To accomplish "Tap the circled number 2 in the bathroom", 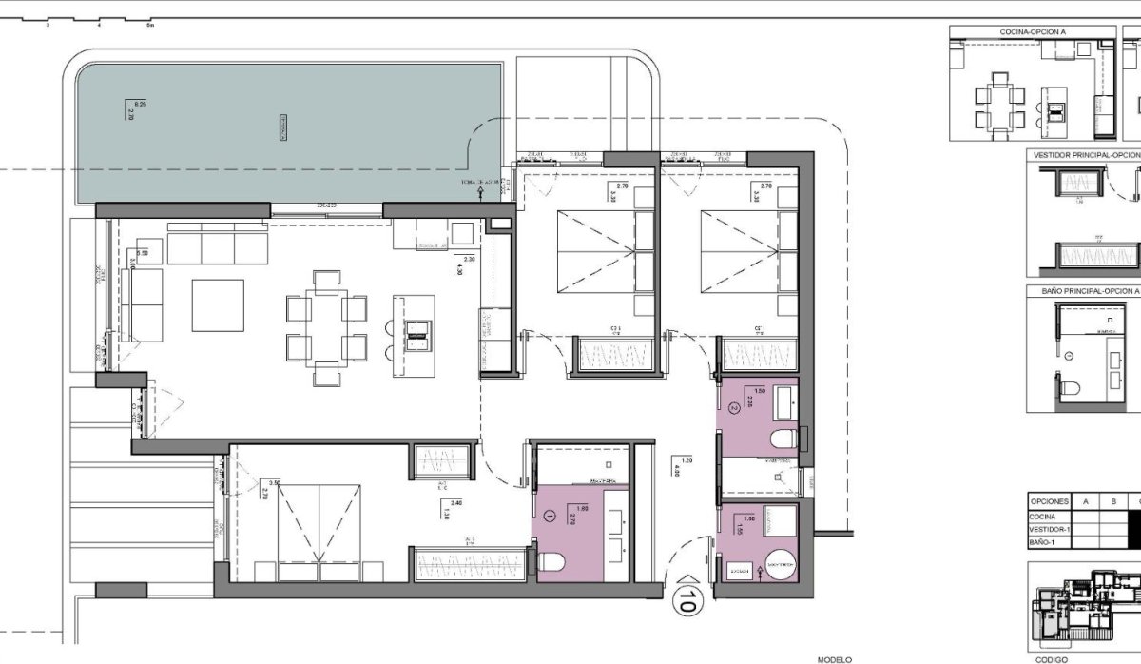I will tap(733, 408).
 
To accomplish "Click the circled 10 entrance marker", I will tap(686, 598).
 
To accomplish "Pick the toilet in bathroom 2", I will tap(783, 439).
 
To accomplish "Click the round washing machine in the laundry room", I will tap(783, 565).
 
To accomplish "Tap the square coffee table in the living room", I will tap(218, 304).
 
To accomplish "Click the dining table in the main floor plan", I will tap(326, 327).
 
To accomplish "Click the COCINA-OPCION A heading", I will tap(1033, 31).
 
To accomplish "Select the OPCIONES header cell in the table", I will tap(1048, 500).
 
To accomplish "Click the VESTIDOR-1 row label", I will tap(1049, 529).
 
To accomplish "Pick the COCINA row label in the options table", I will tap(1043, 517).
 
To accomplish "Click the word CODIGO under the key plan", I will tap(1051, 658).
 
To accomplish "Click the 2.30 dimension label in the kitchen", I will tap(469, 260).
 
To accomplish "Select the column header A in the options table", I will tap(1085, 500).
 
